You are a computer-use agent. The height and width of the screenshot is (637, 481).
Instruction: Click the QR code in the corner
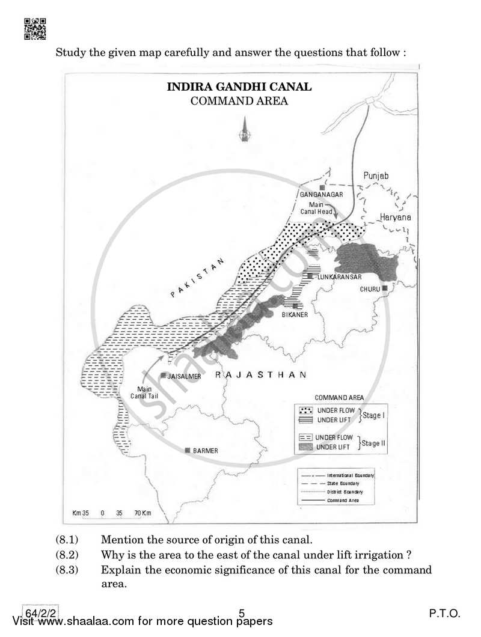[x=35, y=28]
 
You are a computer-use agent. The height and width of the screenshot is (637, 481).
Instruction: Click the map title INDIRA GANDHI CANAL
[x=239, y=87]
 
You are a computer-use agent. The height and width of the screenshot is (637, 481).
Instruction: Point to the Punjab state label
[x=376, y=175]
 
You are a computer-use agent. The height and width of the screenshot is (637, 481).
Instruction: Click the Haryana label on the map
[x=395, y=217]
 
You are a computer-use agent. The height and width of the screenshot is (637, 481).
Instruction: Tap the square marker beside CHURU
[x=384, y=288]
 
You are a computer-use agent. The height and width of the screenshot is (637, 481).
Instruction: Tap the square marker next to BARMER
[x=188, y=450]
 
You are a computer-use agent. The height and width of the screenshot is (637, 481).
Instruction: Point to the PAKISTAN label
[x=197, y=278]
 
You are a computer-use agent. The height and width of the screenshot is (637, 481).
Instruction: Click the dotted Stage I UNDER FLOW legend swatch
[x=307, y=410]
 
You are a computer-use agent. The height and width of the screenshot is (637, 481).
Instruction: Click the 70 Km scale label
[x=142, y=513]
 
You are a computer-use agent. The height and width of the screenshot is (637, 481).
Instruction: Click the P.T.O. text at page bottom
[x=444, y=614]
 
